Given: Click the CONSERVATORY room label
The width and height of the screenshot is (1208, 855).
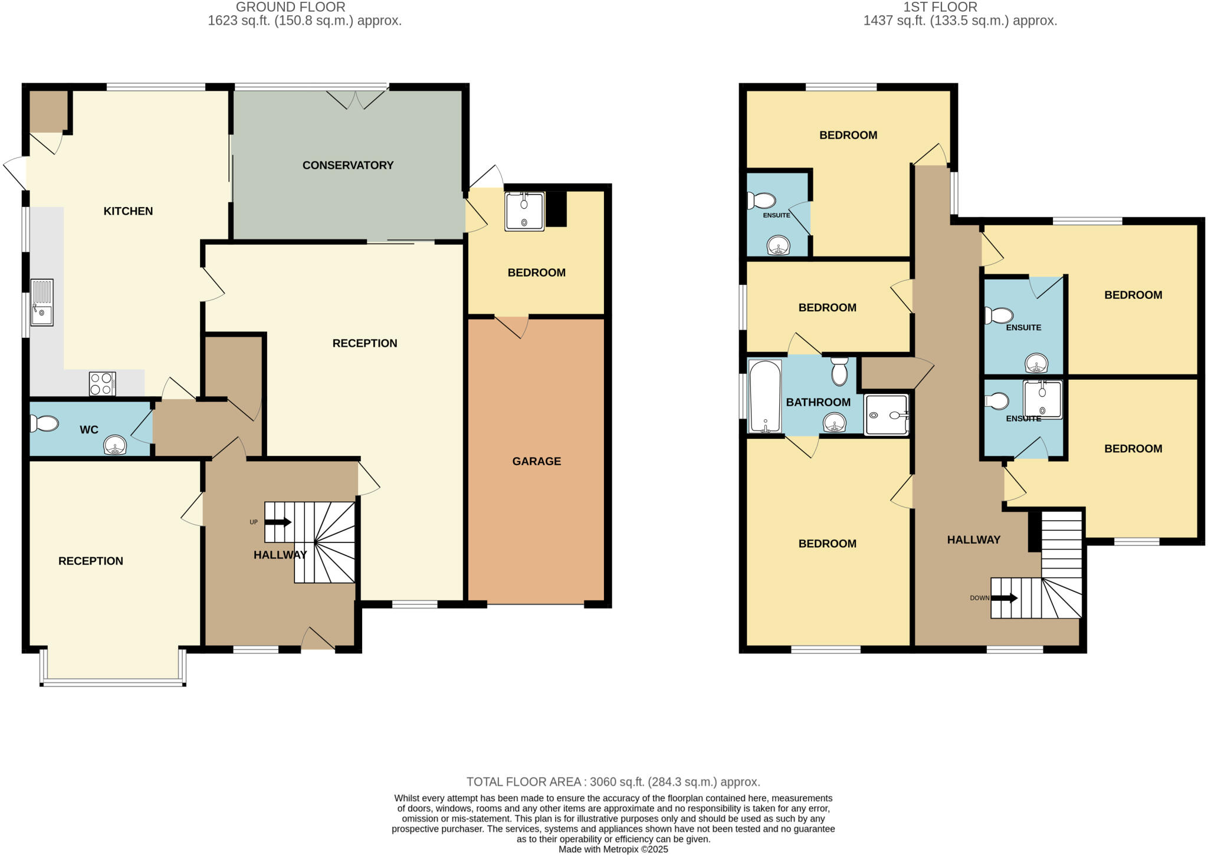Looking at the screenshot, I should point(347,165).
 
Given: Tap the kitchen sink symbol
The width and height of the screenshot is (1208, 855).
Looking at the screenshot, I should point(42,302).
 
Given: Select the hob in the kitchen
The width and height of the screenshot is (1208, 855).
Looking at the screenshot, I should point(102,383).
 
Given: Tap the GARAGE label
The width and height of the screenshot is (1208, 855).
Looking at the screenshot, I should point(536,461).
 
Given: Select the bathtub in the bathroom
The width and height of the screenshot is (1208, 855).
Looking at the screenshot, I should point(765,396).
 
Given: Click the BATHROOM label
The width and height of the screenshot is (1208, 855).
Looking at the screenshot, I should point(818,402).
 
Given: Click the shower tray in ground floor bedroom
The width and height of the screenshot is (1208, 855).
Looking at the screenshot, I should point(524,211).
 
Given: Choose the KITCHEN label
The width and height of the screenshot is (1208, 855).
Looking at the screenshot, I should point(128,211).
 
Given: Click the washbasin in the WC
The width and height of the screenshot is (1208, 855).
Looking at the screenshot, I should point(115,445).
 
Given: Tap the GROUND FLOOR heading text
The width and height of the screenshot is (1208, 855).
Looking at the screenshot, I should point(290,7).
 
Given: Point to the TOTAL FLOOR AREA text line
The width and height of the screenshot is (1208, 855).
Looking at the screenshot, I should point(613,782).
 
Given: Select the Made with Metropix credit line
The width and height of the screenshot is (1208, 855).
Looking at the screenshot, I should point(613,850).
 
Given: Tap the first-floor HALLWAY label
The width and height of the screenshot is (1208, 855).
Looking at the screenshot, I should point(973,540).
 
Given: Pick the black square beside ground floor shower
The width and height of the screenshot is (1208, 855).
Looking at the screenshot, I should point(556,209).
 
